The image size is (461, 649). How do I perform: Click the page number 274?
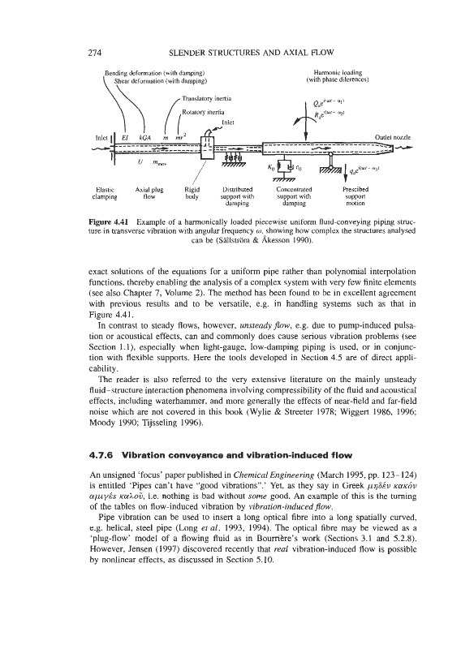pos(95,52)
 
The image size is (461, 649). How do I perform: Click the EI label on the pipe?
pos(125,137)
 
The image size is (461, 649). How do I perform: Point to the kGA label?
pos(145,137)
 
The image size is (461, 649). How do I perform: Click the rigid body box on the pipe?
pos(208,147)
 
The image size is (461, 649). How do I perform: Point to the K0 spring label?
pos(271,168)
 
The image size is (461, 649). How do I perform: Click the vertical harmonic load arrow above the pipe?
pos(306,122)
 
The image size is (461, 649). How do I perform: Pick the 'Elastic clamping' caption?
pos(105,193)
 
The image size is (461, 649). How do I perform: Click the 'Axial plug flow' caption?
pos(149,193)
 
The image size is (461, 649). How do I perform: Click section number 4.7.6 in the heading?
pos(102,455)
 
